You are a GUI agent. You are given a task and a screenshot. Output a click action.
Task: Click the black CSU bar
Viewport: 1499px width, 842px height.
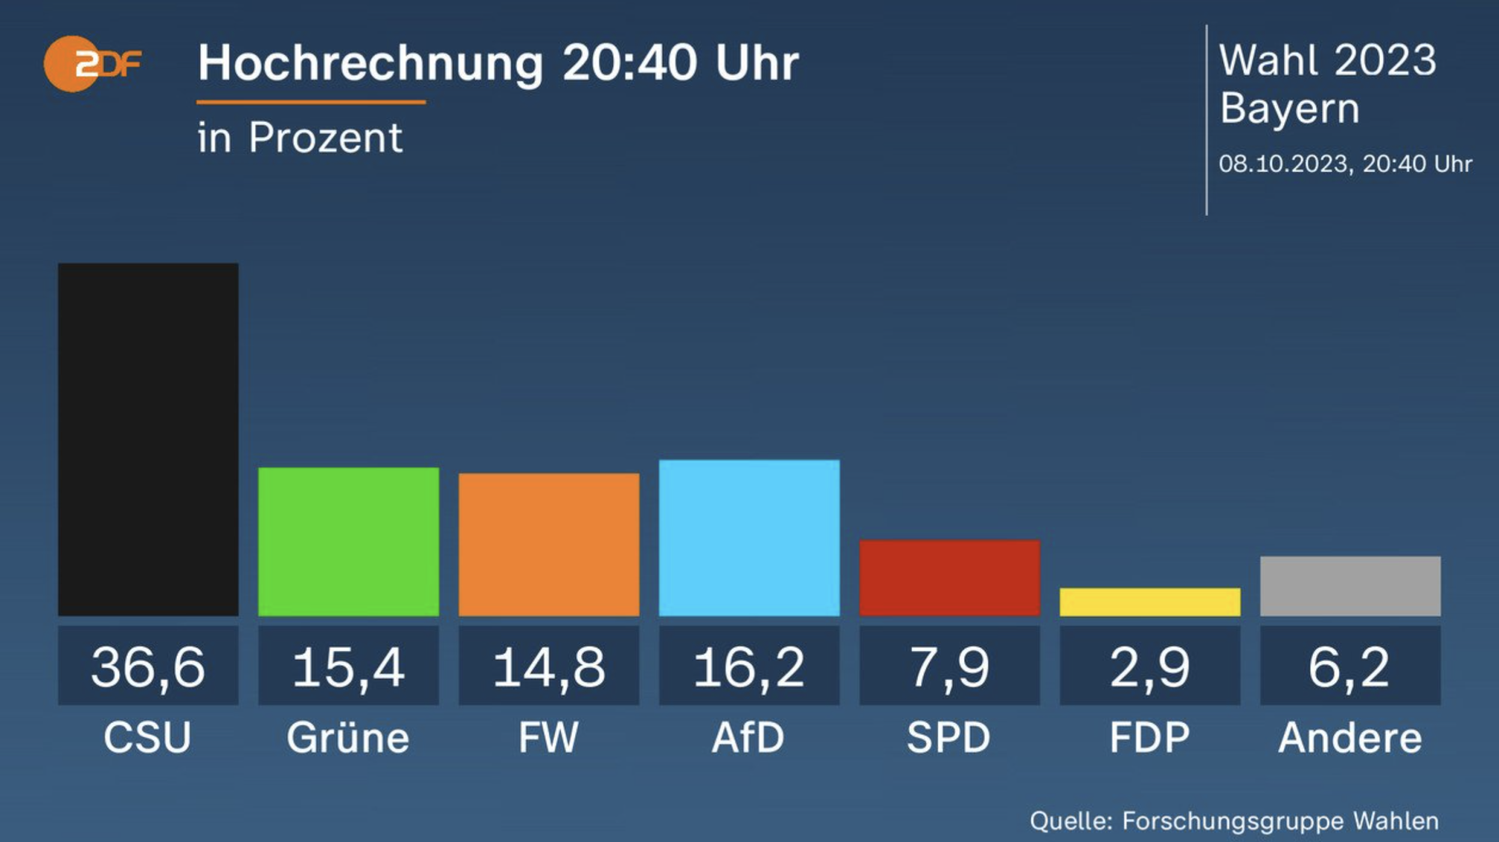pyautogui.click(x=148, y=440)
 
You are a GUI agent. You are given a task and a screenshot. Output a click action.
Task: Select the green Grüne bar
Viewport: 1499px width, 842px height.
pyautogui.click(x=349, y=542)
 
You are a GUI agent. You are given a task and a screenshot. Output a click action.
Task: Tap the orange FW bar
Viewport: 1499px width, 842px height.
pyautogui.click(x=549, y=545)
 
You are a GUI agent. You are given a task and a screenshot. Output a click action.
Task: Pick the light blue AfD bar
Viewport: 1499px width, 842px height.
pyautogui.click(x=749, y=538)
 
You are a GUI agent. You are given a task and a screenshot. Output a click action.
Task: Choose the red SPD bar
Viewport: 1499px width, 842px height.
pyautogui.click(x=949, y=578)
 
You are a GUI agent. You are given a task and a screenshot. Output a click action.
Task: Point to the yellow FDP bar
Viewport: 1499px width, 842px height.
pyautogui.click(x=1150, y=602)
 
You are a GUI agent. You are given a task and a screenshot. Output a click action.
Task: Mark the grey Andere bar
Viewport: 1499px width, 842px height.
pyautogui.click(x=1350, y=586)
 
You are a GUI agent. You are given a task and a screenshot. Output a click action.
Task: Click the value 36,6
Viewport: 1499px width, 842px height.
pyautogui.click(x=148, y=667)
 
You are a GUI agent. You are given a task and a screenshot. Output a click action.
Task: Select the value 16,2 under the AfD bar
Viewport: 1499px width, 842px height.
pyautogui.click(x=749, y=667)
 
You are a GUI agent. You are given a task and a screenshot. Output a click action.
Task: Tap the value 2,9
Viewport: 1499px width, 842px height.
pyautogui.click(x=1150, y=667)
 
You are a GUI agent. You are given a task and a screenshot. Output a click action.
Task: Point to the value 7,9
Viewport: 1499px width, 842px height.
pyautogui.click(x=949, y=667)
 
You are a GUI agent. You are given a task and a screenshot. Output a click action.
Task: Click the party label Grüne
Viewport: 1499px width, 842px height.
pyautogui.click(x=349, y=738)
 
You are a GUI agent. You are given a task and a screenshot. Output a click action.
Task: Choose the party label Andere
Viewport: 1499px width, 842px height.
pyautogui.click(x=1350, y=738)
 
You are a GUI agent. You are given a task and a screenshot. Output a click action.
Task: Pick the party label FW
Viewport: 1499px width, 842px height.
pyautogui.click(x=549, y=738)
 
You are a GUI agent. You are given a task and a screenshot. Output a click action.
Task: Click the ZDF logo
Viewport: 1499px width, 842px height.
pyautogui.click(x=91, y=64)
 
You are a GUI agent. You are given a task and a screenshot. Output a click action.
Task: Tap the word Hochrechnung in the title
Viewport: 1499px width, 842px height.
pyautogui.click(x=370, y=63)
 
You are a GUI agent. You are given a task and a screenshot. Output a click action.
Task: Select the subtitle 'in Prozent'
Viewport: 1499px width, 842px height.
pyautogui.click(x=300, y=138)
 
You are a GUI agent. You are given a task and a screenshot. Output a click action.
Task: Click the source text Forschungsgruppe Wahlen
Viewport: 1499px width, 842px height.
pyautogui.click(x=1280, y=821)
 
